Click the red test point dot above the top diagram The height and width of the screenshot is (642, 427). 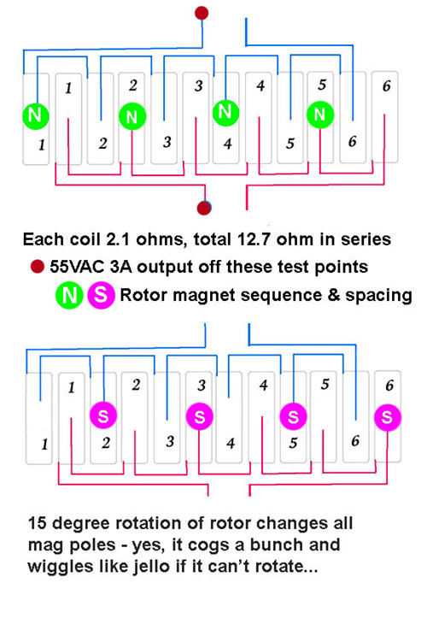(x=202, y=13)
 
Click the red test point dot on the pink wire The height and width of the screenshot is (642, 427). (x=204, y=208)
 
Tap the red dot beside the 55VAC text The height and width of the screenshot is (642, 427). (x=38, y=267)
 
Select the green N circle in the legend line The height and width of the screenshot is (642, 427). (x=69, y=295)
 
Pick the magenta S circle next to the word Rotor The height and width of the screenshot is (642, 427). (x=101, y=295)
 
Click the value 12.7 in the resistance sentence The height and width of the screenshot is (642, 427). (x=254, y=239)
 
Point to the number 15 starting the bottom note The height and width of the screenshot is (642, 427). (x=38, y=523)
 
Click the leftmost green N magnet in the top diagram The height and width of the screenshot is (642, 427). (x=36, y=116)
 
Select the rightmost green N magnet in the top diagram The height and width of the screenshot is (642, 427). (x=320, y=115)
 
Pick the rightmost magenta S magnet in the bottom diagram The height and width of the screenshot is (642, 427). (x=388, y=417)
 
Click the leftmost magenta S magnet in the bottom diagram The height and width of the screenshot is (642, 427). (x=103, y=415)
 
